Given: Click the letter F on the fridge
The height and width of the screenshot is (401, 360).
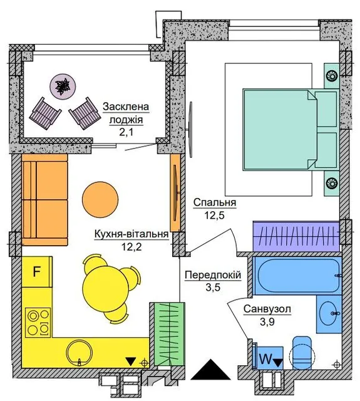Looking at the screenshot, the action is tap(37, 271).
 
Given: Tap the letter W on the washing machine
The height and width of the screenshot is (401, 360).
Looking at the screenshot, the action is tap(265, 359).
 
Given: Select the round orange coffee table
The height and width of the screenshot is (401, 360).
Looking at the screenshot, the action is tap(100, 200).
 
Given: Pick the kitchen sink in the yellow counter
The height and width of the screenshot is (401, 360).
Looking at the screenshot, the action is tap(80, 353).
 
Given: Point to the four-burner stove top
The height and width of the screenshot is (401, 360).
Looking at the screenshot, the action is tap(38, 322).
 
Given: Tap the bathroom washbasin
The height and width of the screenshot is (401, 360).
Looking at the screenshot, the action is tap(329, 314).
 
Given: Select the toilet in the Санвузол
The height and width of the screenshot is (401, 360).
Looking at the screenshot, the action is tap(302, 353).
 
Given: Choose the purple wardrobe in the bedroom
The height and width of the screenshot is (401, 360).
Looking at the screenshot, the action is tap(296, 236).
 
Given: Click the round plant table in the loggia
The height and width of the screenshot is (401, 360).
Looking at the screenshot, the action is tap(63, 85).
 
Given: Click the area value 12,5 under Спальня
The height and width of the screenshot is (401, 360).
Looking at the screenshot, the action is tap(214, 216).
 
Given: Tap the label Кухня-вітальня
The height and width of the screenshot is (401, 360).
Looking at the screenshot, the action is tap(131, 234).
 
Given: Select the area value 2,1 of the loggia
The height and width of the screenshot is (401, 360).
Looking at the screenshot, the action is tap(126, 132).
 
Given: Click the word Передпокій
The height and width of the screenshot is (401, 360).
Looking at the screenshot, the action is tap(213, 275).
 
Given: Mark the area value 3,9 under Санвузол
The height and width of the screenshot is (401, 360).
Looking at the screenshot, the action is tap(267, 321).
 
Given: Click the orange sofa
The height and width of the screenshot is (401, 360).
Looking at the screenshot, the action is tap(44, 200).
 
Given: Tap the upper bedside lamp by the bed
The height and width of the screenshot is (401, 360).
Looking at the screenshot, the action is tap(332, 75).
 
